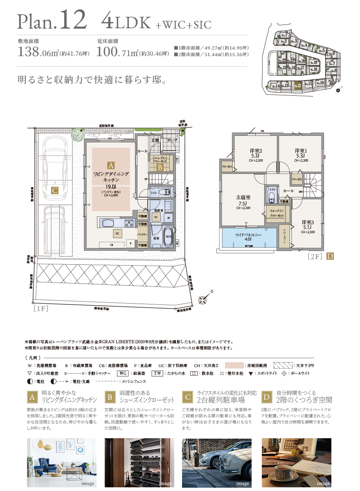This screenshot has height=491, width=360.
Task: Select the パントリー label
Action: (142, 234)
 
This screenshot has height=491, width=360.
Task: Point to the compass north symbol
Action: (203, 300)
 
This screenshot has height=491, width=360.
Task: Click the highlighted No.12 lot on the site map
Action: (297, 86)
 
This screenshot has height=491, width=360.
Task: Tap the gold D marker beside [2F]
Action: (330, 257)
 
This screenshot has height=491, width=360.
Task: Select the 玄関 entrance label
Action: (155, 140)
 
